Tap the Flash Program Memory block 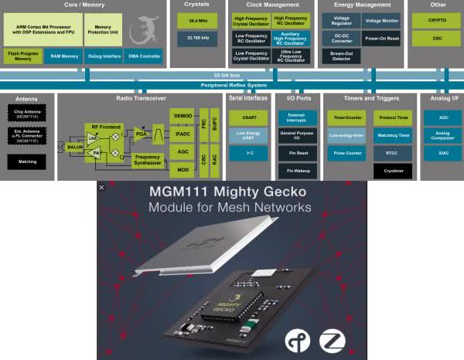[x=23, y=56]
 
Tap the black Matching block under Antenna [x=26, y=161]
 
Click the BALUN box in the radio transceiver [x=76, y=146]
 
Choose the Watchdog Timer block [x=392, y=134]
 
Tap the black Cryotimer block [x=392, y=171]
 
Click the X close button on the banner [x=101, y=187]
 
